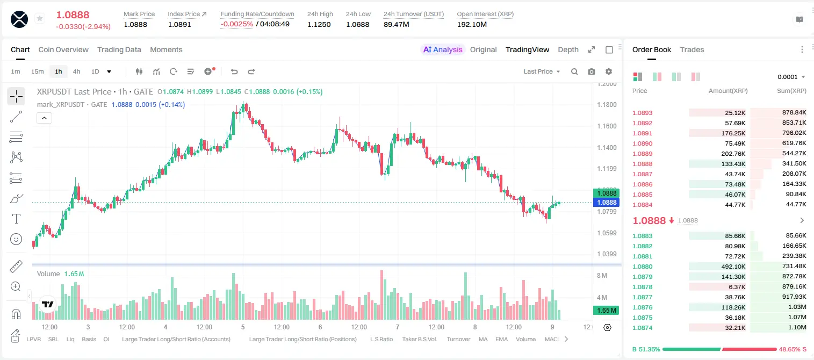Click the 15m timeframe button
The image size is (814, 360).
point(37,71)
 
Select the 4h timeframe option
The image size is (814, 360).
point(76,71)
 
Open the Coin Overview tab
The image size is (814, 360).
point(63,49)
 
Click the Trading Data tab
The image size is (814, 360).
point(119,49)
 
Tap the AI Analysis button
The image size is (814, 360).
point(443,49)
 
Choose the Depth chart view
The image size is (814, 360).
point(568,49)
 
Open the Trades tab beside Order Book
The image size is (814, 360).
point(691,49)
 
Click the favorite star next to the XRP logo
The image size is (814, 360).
point(40,18)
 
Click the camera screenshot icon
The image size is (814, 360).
point(591,71)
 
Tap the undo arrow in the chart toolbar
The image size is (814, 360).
point(234,71)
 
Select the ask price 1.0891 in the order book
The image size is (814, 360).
point(642,133)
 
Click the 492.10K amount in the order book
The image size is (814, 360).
point(733,267)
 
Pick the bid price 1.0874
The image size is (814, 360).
point(642,328)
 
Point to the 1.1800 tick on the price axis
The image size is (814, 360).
point(607,105)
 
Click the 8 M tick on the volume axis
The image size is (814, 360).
point(602,275)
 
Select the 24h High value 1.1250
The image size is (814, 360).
point(319,24)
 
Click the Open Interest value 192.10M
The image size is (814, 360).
point(472,24)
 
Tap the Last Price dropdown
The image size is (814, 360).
point(542,71)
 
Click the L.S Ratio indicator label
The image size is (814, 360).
point(381,339)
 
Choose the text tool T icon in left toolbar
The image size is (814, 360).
point(16,219)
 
